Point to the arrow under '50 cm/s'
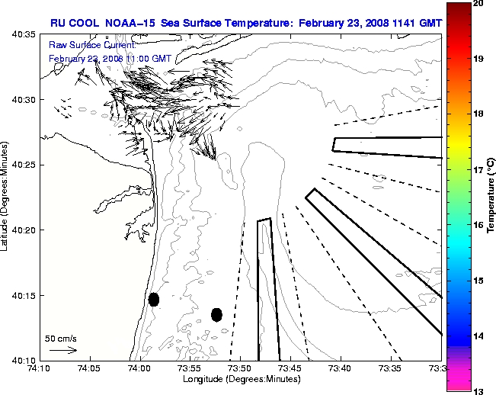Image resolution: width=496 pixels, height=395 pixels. tap(62, 350)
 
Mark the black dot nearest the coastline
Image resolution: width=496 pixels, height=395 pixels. tap(154, 299)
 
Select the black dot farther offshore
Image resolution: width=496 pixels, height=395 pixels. tap(216, 314)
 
